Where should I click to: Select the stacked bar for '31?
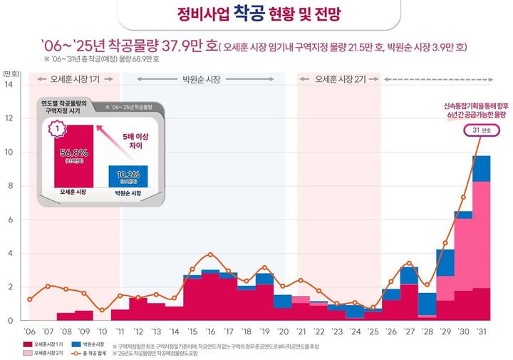click(481, 239)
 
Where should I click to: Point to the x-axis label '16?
click(210, 332)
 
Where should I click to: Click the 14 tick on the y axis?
click(9, 85)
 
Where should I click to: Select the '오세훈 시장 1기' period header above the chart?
click(70, 78)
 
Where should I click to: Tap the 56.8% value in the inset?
click(73, 152)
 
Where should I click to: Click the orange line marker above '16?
click(210, 254)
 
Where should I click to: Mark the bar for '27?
click(409, 294)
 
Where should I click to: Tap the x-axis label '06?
click(29, 332)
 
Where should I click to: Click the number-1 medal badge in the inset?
click(56, 131)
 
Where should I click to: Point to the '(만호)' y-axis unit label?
click(11, 73)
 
